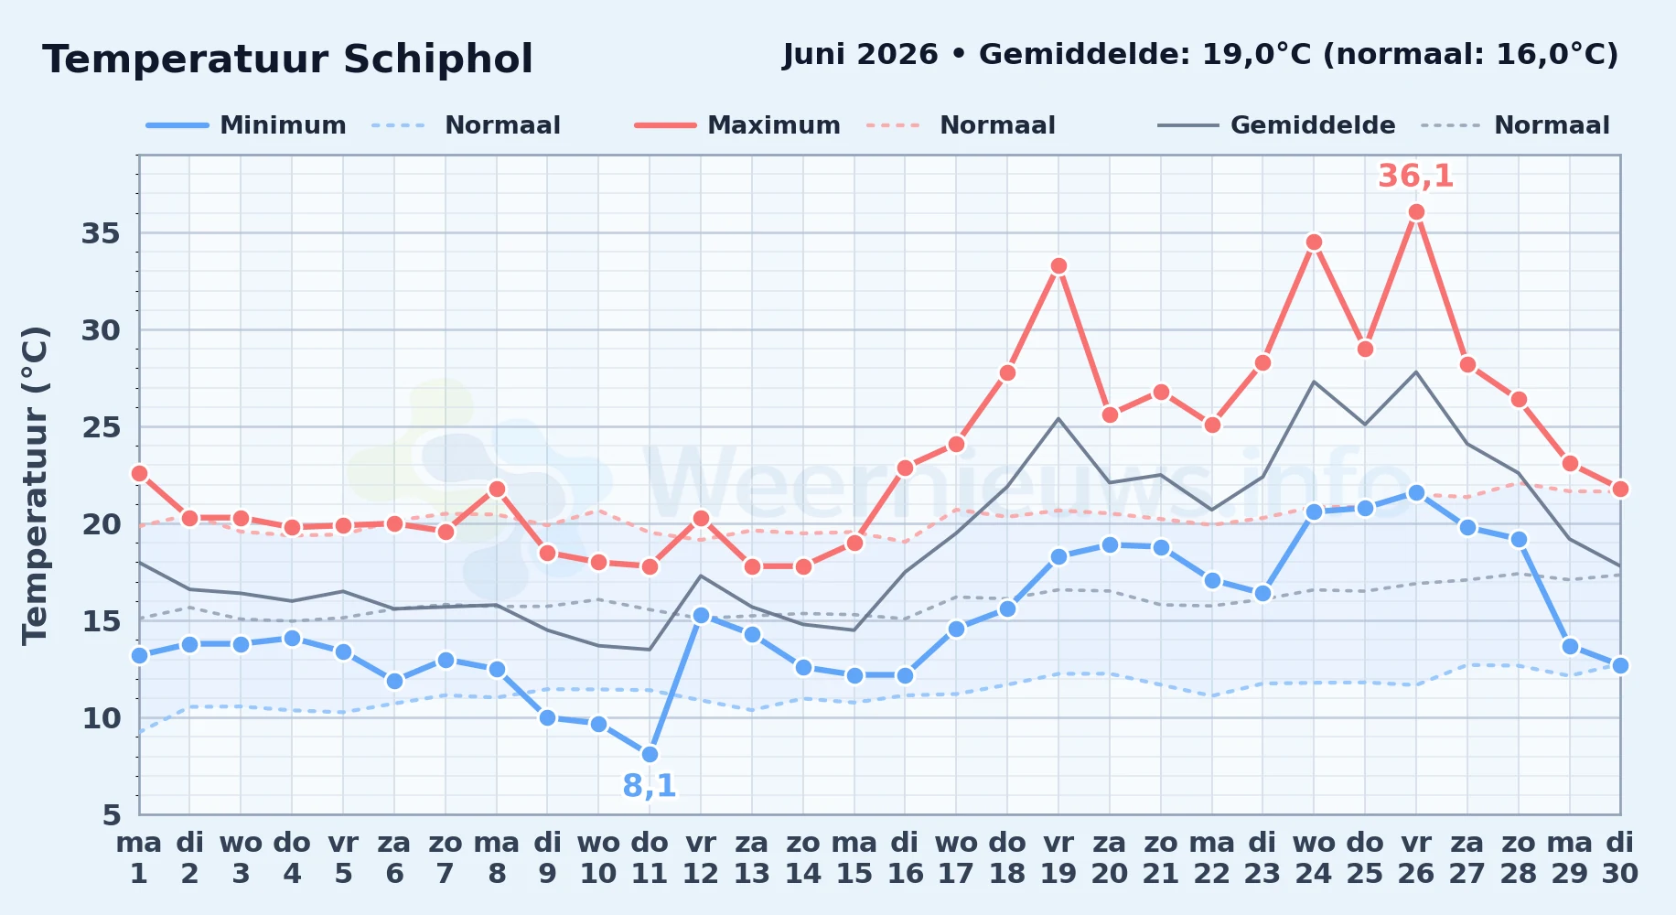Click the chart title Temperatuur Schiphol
[287, 59]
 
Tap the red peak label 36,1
[1415, 176]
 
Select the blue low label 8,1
[650, 786]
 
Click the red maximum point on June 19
[1058, 266]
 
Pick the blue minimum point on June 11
[650, 754]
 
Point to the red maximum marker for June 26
[1416, 212]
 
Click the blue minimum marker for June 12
[701, 615]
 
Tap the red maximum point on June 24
[1314, 242]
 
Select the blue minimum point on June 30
[1620, 665]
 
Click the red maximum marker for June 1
[139, 473]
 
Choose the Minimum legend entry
[246, 125]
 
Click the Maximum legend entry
[737, 125]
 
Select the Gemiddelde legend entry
[1276, 125]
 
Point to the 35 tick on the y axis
[101, 233]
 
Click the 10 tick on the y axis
[101, 718]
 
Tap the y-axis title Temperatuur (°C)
[35, 485]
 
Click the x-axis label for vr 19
[1058, 858]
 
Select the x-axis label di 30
[1620, 858]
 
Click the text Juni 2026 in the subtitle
[860, 55]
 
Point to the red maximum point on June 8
[497, 489]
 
